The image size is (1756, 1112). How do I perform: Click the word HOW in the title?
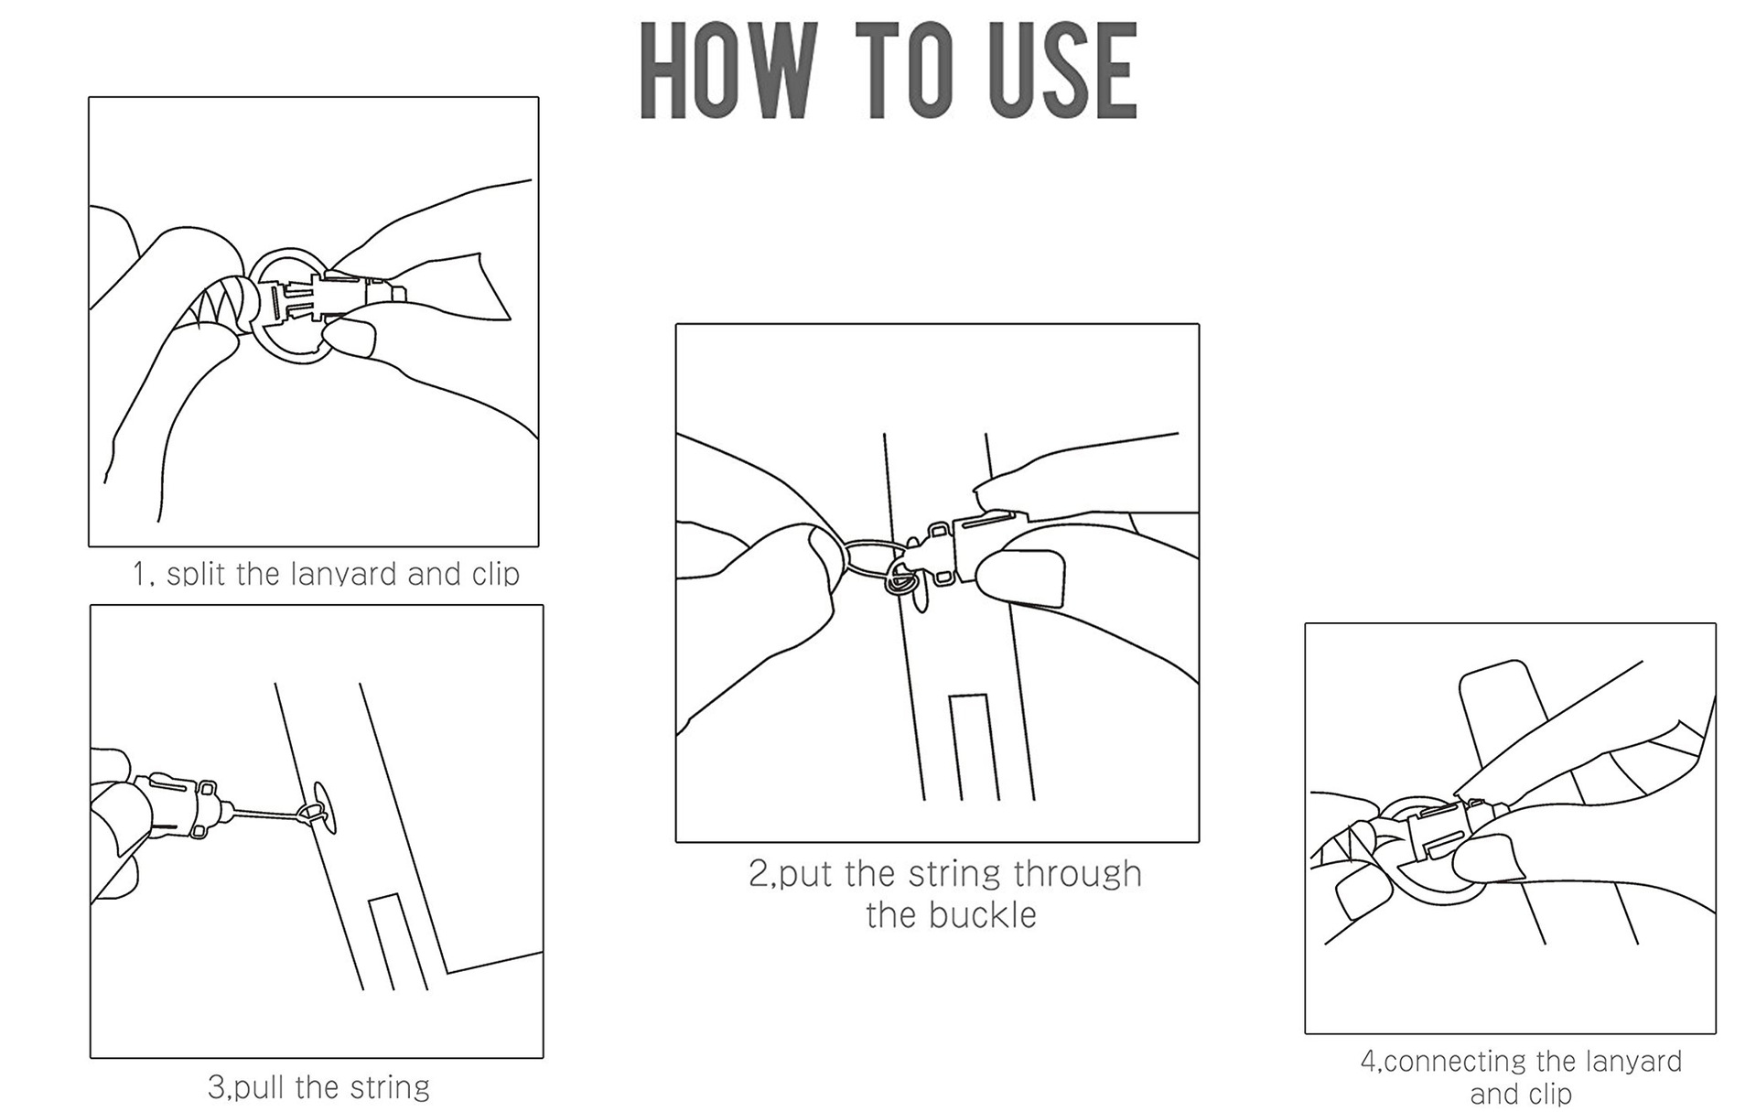point(727,71)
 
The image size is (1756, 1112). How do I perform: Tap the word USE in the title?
point(1063,71)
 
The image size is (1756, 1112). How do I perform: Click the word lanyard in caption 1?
point(343,574)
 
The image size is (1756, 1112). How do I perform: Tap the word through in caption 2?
point(1077,874)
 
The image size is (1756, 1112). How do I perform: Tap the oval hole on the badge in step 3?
point(325,807)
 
